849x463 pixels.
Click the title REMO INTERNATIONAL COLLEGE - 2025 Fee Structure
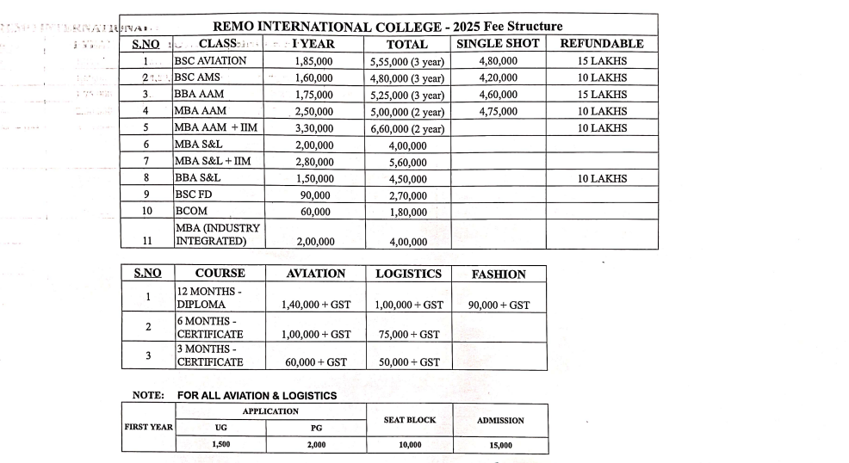click(x=387, y=26)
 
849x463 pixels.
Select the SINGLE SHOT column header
click(x=498, y=43)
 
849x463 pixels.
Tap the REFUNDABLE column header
click(x=602, y=43)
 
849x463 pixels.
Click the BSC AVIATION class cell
click(x=210, y=61)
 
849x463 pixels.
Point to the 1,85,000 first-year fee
click(x=314, y=61)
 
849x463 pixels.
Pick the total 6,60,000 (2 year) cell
click(x=407, y=128)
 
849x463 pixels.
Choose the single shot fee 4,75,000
click(x=498, y=111)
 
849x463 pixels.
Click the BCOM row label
click(x=192, y=211)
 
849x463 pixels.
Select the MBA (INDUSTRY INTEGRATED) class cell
click(x=218, y=235)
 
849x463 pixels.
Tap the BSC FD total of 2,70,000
click(x=407, y=195)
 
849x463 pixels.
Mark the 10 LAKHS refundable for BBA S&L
click(x=602, y=178)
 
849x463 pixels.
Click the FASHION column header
click(x=499, y=275)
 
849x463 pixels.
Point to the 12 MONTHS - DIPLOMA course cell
click(x=209, y=298)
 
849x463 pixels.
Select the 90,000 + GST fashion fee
click(x=499, y=305)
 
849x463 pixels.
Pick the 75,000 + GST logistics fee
click(x=409, y=334)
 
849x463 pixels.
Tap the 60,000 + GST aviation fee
click(x=316, y=362)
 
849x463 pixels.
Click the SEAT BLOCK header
click(x=410, y=420)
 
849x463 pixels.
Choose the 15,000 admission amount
click(x=500, y=446)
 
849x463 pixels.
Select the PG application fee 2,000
click(x=316, y=445)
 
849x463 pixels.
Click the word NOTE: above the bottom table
click(x=148, y=396)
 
